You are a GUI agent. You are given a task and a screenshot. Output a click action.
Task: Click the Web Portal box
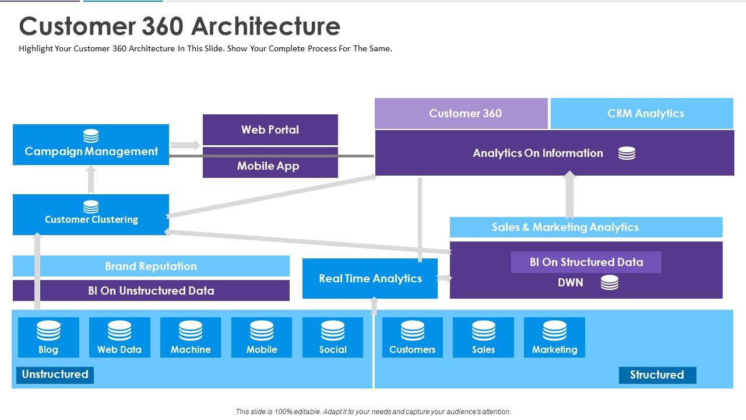pyautogui.click(x=270, y=129)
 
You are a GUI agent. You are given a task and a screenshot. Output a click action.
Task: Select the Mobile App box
pyautogui.click(x=270, y=166)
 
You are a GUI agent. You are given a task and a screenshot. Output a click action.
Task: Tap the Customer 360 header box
pyautogui.click(x=461, y=113)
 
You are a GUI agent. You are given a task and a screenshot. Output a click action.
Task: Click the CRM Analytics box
pyautogui.click(x=642, y=113)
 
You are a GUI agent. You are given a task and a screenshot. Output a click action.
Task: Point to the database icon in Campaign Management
pyautogui.click(x=91, y=136)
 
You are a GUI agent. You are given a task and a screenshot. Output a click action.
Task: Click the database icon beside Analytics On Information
pyautogui.click(x=627, y=153)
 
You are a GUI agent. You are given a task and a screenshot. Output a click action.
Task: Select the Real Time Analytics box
pyautogui.click(x=370, y=279)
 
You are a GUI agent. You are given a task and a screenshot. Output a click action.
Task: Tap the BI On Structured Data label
pyautogui.click(x=586, y=262)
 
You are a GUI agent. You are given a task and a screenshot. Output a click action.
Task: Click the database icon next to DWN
pyautogui.click(x=609, y=283)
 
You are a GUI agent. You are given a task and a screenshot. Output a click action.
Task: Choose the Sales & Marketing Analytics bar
pyautogui.click(x=586, y=227)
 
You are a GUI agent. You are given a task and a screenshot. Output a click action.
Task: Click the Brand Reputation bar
pyautogui.click(x=151, y=266)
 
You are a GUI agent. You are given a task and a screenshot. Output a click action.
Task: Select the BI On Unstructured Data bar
pyautogui.click(x=151, y=290)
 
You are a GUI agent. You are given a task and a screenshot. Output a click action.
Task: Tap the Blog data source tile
pyautogui.click(x=48, y=337)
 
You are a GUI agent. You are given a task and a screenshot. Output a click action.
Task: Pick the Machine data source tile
pyautogui.click(x=191, y=337)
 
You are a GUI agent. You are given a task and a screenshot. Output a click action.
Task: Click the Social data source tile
pyautogui.click(x=333, y=337)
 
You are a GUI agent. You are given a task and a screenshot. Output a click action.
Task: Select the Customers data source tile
pyautogui.click(x=412, y=337)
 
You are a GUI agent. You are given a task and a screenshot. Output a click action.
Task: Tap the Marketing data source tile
pyautogui.click(x=554, y=337)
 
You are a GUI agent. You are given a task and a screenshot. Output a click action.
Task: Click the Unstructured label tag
pyautogui.click(x=55, y=374)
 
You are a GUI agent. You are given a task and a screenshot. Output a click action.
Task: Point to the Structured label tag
pyautogui.click(x=657, y=375)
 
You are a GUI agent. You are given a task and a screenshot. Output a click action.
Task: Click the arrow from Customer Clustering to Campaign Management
pyautogui.click(x=91, y=180)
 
